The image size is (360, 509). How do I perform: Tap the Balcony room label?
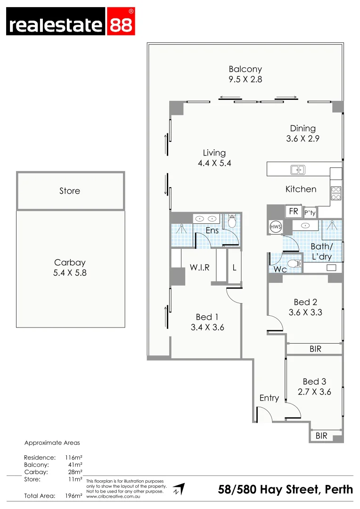click(245, 69)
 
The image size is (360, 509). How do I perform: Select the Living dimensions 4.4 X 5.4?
click(214, 163)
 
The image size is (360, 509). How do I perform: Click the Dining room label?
click(303, 128)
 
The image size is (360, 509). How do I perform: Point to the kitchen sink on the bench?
click(297, 169)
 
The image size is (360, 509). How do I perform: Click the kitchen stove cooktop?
click(336, 193)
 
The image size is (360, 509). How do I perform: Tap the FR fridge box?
click(294, 212)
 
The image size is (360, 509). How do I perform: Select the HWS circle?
click(275, 227)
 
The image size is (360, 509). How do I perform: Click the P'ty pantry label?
click(310, 213)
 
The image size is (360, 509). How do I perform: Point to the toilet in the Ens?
click(231, 221)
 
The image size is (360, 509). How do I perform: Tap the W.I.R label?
click(199, 268)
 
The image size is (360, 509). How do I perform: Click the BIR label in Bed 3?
click(321, 436)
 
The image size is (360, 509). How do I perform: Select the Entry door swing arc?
click(265, 414)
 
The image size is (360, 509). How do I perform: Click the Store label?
click(70, 191)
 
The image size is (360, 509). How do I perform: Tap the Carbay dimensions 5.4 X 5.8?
click(70, 272)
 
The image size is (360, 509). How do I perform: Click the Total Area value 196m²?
click(74, 495)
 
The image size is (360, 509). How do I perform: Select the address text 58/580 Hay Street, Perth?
click(285, 490)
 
